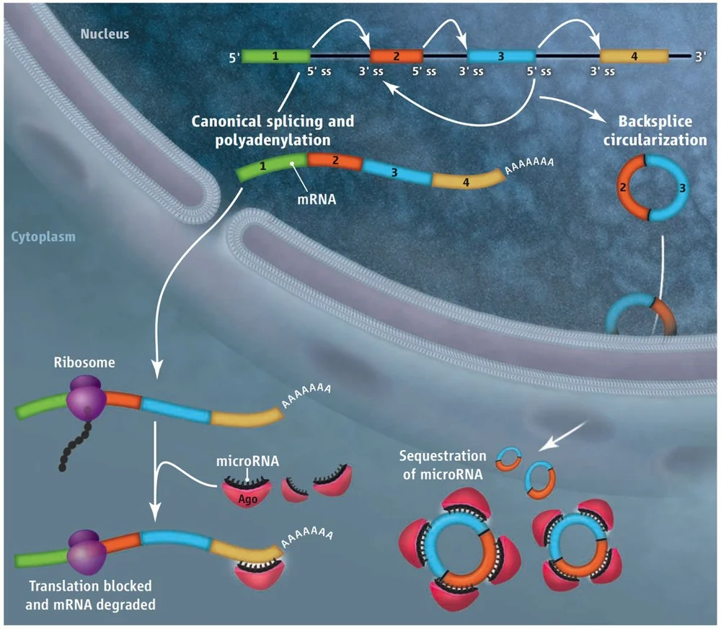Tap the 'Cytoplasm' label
pos(43,236)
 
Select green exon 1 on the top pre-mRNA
pos(275,56)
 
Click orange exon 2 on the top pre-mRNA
pos(395,56)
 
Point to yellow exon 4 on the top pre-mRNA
pos(634,56)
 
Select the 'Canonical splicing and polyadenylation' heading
pos(273,129)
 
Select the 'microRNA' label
pos(249,461)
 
